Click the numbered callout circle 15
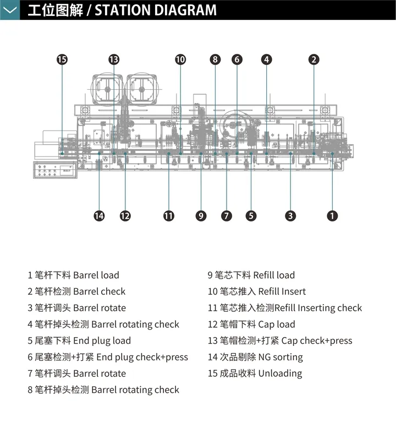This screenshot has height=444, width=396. coord(62,59)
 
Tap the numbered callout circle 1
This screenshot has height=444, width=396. coord(332,216)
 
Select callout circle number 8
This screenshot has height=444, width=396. coord(215,59)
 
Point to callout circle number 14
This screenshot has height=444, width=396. coord(99,216)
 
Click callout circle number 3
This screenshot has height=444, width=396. coord(290,216)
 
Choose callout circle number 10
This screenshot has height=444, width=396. coord(180,59)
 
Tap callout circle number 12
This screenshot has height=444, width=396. coord(125,216)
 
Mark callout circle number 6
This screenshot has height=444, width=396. coord(237,59)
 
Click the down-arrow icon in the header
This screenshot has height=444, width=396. coord(10,10)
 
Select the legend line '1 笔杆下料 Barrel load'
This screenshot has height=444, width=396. coord(74,275)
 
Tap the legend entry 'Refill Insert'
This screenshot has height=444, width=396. coord(256,291)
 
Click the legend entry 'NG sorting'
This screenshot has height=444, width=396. coord(255,357)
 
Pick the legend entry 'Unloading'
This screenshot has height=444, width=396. coord(255,373)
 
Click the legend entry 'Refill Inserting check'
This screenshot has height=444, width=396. coord(284,308)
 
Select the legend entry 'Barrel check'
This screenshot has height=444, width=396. coord(77,291)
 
